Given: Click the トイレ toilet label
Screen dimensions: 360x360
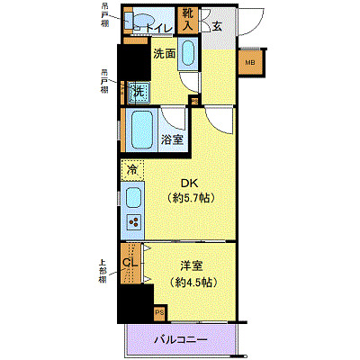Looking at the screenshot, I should point(160,28).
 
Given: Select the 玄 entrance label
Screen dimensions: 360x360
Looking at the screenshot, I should point(217,25).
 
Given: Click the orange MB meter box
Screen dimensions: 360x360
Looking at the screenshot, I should point(249,62).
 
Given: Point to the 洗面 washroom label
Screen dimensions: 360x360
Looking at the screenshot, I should point(163,53).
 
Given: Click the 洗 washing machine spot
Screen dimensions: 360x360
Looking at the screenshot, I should point(138,91).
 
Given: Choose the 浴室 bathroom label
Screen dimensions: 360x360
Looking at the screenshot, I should point(173,139).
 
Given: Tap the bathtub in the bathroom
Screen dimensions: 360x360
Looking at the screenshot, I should point(141,131).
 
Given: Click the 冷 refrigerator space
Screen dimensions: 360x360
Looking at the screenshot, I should point(132,168).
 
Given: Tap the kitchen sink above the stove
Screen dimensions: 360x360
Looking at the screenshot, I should point(132,197).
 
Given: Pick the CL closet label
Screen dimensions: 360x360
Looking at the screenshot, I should point(130,262).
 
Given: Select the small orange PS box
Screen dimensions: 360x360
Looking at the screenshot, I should point(159,313).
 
